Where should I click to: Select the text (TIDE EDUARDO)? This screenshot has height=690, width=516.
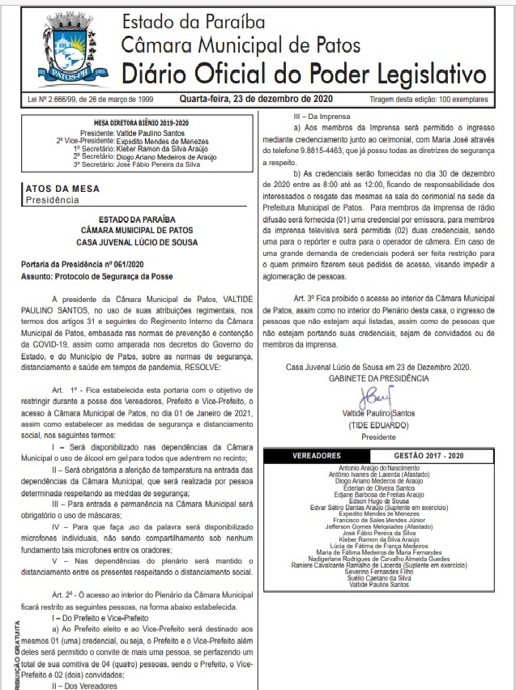[x=377, y=425]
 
